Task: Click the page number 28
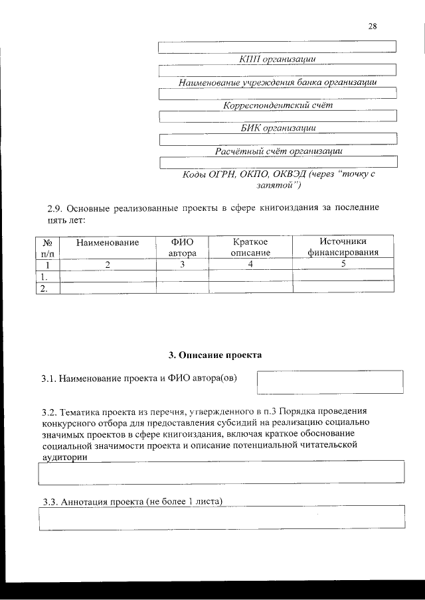[372, 27]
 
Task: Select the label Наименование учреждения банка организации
[278, 83]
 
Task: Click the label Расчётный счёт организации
[278, 150]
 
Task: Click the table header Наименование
[108, 243]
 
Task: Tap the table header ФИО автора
[182, 247]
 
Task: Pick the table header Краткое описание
[250, 247]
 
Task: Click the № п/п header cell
[47, 247]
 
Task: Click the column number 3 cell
[182, 264]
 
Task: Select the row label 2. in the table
[44, 288]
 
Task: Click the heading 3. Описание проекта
[215, 355]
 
